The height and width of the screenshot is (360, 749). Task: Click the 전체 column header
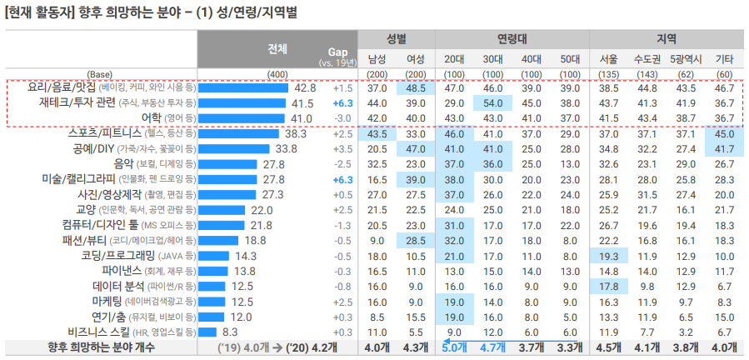pyautogui.click(x=277, y=48)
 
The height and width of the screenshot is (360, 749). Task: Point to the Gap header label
pyautogui.click(x=337, y=52)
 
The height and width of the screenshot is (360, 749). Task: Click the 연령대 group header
pyautogui.click(x=512, y=38)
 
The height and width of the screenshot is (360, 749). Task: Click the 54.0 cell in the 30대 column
pyautogui.click(x=492, y=103)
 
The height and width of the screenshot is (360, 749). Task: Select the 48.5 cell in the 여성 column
pyautogui.click(x=416, y=87)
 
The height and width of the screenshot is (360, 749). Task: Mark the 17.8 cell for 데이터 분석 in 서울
pyautogui.click(x=609, y=286)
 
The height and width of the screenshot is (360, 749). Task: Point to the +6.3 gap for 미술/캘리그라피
pyautogui.click(x=343, y=179)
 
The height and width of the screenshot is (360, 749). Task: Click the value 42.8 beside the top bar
pyautogui.click(x=305, y=87)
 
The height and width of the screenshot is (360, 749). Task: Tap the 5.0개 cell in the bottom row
pyautogui.click(x=455, y=347)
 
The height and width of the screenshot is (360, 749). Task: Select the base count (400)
pyautogui.click(x=277, y=74)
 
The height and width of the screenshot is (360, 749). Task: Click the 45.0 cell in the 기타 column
pyautogui.click(x=724, y=133)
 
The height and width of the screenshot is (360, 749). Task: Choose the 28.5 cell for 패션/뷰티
pyautogui.click(x=416, y=240)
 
